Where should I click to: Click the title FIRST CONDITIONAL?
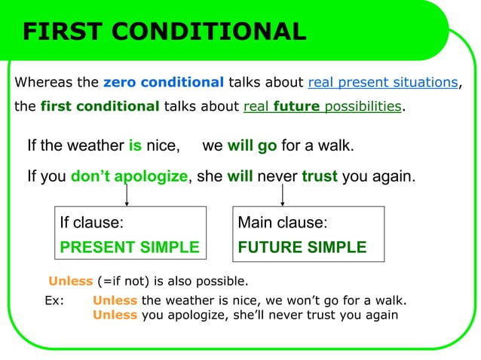tap(164, 32)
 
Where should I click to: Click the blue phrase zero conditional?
tap(164, 82)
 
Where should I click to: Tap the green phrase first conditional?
tap(100, 106)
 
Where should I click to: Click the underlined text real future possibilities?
tap(323, 106)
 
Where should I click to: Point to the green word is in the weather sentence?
tap(136, 145)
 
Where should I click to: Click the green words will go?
tap(252, 145)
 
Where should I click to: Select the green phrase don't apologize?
tap(129, 177)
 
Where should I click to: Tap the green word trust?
tap(320, 177)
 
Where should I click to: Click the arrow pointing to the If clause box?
tap(126, 195)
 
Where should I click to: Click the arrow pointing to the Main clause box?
tap(282, 195)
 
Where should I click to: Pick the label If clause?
tap(92, 223)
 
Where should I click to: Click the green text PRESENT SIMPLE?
tap(130, 247)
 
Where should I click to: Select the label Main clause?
tap(283, 223)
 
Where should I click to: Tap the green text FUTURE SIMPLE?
tap(302, 247)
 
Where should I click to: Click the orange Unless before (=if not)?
tap(71, 282)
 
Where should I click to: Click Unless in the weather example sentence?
tap(115, 301)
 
